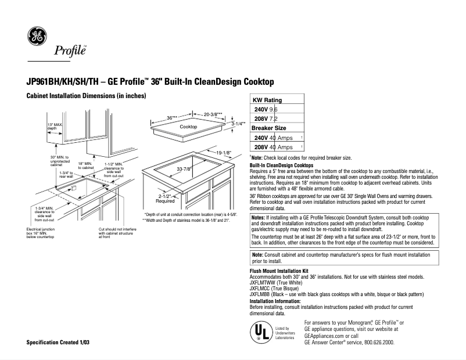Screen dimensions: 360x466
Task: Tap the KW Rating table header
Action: [266, 100]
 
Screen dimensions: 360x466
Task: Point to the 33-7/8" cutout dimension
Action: [184, 169]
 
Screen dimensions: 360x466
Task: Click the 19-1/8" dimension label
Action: [223, 153]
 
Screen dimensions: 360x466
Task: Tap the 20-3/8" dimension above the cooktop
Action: [213, 114]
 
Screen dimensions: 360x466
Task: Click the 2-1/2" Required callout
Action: [165, 199]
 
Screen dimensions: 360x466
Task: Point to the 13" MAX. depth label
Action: [55, 127]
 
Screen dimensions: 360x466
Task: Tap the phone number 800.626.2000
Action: [374, 343]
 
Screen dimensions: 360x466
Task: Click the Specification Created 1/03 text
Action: [58, 343]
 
